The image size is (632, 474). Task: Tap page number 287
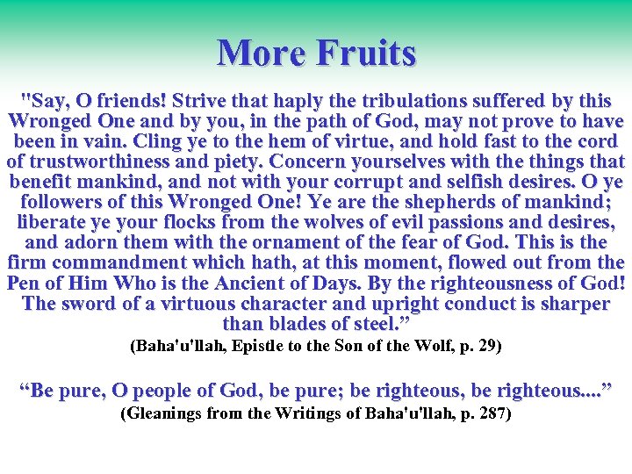point(492,413)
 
